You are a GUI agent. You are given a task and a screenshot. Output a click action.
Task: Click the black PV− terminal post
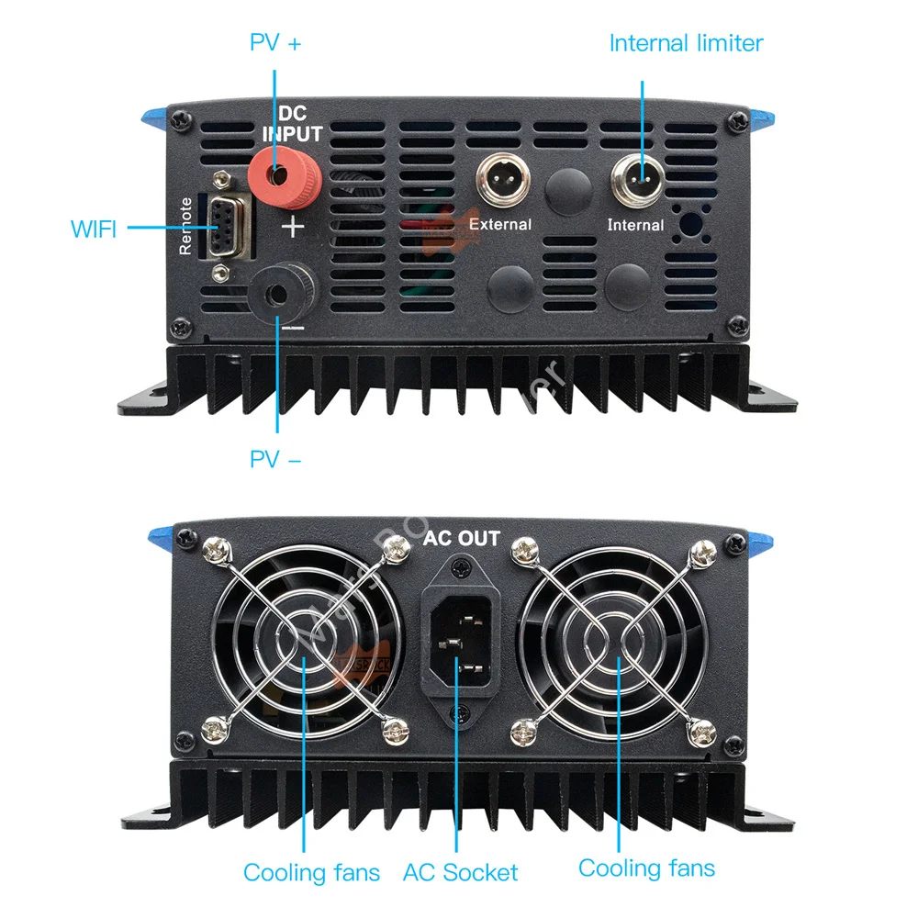point(278,292)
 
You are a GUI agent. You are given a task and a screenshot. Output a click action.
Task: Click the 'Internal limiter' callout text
point(686,42)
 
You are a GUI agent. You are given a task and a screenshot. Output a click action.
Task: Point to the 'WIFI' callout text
point(94,229)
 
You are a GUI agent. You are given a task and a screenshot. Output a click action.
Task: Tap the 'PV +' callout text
point(275,42)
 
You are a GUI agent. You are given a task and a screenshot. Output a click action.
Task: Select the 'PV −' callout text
point(275,458)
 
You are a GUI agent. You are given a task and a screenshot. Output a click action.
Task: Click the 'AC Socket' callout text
point(460,872)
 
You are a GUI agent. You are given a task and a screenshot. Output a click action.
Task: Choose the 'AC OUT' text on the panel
point(461,538)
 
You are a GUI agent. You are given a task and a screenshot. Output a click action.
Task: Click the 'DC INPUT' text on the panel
point(292,124)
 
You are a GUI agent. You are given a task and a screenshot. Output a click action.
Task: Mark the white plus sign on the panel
point(291,226)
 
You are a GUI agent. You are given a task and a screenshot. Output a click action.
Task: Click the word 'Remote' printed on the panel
point(186,226)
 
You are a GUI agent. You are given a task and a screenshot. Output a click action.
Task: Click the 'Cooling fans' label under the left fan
point(311,872)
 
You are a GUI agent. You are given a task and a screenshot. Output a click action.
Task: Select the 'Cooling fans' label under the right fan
point(646,867)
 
